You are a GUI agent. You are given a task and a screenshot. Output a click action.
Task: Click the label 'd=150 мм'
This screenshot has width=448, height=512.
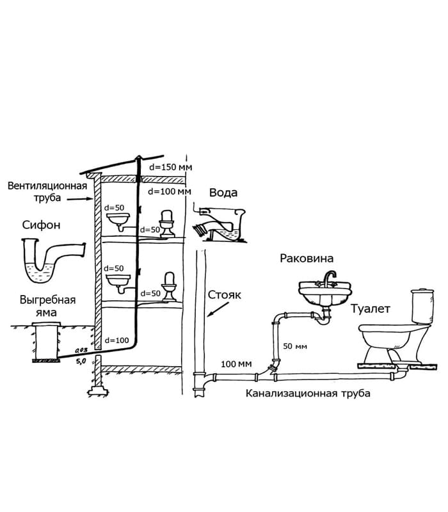point(171,167)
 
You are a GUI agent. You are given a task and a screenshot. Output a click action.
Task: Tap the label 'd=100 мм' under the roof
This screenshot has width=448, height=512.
point(170,191)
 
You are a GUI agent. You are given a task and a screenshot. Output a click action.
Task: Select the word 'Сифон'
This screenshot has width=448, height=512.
point(41,225)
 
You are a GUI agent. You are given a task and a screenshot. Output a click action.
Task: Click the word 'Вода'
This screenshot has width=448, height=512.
point(223,193)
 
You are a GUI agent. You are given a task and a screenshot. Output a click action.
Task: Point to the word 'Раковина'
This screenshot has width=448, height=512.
point(307,259)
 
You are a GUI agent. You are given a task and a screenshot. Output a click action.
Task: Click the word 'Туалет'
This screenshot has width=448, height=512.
point(371,309)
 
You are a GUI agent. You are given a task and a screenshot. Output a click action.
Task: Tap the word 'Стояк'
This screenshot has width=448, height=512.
point(225,295)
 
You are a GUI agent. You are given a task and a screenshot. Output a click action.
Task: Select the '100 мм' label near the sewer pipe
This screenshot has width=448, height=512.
point(236,364)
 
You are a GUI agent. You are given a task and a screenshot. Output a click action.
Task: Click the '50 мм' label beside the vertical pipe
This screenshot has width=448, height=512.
point(295,346)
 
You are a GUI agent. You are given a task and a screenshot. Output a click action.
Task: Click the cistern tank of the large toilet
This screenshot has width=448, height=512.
point(422,305)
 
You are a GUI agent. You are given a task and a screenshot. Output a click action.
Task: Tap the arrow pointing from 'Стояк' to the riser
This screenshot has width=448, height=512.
point(218,310)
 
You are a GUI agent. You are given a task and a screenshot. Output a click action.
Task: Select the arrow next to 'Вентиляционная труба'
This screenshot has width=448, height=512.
point(81,199)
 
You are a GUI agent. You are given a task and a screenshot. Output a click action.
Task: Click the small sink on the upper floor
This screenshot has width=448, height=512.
point(118,220)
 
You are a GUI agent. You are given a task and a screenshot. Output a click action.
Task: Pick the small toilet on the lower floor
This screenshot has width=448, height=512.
point(170,287)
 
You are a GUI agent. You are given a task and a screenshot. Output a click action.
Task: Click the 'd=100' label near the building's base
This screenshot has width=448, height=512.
point(117,340)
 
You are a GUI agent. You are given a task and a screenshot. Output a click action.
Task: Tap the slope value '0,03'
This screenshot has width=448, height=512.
point(81,350)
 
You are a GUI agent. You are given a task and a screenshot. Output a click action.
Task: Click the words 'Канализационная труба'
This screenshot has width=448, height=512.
point(308,393)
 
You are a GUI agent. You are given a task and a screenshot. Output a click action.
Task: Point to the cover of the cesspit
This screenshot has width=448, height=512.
point(46,324)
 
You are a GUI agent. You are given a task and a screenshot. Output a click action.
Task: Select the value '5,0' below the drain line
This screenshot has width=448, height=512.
point(81,361)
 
